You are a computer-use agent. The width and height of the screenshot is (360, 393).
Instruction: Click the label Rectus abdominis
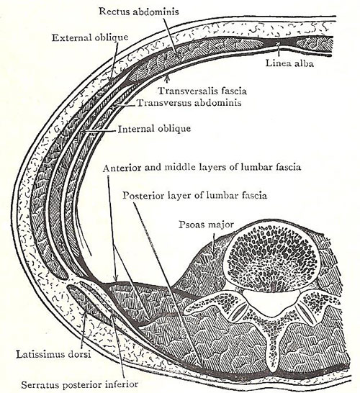139,12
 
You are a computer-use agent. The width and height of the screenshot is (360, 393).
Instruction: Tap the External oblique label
90,37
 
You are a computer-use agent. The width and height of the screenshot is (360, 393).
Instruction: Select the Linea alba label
289,63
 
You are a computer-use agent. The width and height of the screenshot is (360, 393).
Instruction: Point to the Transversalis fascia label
202,91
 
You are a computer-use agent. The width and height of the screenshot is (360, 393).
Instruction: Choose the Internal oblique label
154,129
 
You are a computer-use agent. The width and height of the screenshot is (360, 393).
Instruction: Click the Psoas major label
206,225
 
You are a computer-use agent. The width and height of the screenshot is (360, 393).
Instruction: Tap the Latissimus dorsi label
53,354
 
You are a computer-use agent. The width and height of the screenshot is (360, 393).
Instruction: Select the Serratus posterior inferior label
80,384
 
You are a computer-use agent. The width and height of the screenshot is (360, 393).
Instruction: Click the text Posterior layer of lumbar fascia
195,195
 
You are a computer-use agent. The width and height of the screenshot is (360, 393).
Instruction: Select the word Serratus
40,384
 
